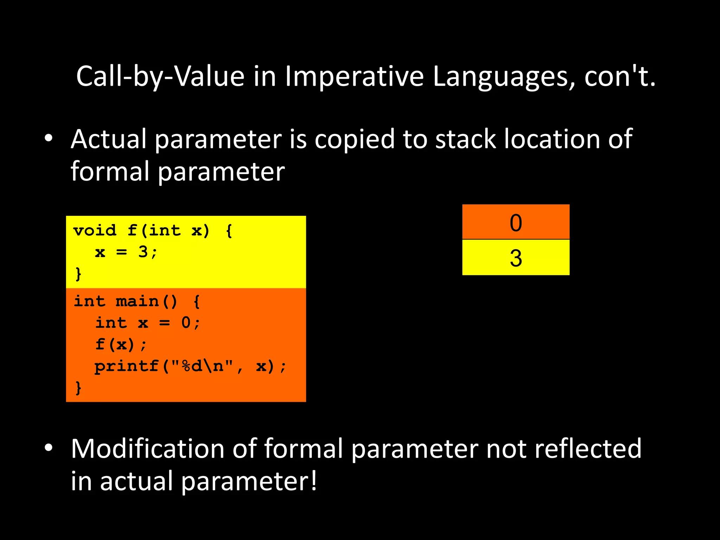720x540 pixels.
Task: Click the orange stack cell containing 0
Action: click(x=515, y=222)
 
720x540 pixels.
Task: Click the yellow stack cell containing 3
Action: click(x=515, y=258)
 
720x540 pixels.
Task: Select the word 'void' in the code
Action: click(x=95, y=231)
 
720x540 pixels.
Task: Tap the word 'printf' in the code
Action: click(x=126, y=366)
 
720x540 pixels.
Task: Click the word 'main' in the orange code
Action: click(x=137, y=302)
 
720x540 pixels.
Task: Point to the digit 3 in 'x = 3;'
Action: click(x=143, y=252)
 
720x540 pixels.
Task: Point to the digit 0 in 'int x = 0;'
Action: click(x=186, y=323)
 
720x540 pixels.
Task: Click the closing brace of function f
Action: click(x=78, y=274)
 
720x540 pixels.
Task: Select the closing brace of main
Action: click(x=78, y=388)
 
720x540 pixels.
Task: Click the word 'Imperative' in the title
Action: click(x=354, y=77)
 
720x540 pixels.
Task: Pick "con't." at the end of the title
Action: click(x=619, y=77)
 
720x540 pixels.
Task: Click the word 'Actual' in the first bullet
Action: click(x=108, y=139)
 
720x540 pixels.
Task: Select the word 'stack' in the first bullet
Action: click(x=465, y=139)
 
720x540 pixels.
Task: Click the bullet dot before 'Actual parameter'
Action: click(x=49, y=138)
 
